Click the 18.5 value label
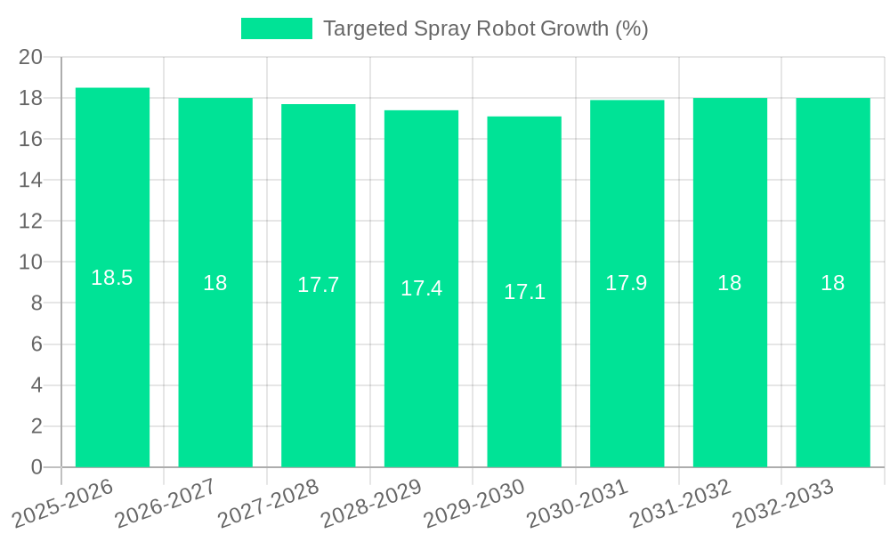[x=112, y=278]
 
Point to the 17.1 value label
[x=524, y=292]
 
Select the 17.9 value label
[x=627, y=283]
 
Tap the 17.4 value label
[x=421, y=288]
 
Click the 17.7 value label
[x=319, y=285]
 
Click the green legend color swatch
[x=277, y=28]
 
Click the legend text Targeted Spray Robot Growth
[x=485, y=28]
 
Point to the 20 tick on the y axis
[x=30, y=57]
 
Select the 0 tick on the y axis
[x=36, y=467]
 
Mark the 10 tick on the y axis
[x=30, y=263]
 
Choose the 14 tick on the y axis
[x=30, y=181]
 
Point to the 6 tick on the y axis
[x=36, y=344]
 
